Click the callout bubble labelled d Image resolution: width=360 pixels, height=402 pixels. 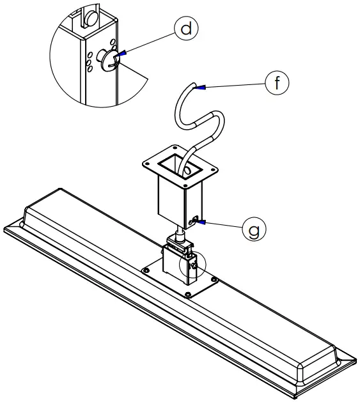click(x=186, y=29)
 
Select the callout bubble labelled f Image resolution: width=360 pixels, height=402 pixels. click(x=276, y=83)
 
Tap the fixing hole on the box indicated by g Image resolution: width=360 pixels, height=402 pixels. click(x=194, y=222)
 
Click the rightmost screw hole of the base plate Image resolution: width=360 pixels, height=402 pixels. click(x=215, y=279)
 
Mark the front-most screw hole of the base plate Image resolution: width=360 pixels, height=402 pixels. click(x=187, y=295)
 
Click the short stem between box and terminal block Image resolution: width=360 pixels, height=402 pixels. click(x=182, y=231)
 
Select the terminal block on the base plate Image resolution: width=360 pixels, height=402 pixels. click(x=176, y=262)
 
